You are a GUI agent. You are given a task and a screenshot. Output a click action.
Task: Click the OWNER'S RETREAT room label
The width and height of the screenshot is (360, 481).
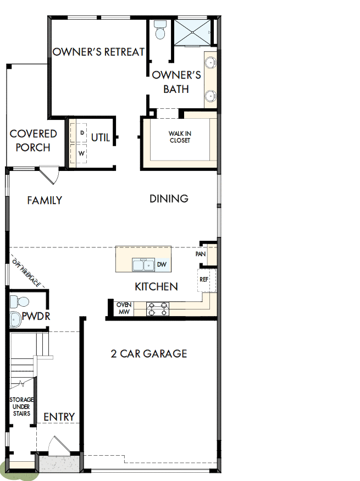pyautogui.click(x=98, y=52)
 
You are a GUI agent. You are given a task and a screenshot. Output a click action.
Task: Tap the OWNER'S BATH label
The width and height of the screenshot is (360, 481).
pyautogui.click(x=176, y=82)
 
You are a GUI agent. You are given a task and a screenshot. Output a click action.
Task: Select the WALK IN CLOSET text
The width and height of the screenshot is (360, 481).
pyautogui.click(x=180, y=137)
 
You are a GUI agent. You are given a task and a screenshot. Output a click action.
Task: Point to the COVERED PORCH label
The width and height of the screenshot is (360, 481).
pyautogui.click(x=33, y=141)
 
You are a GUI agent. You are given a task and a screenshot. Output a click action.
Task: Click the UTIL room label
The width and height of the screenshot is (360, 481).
pyautogui.click(x=101, y=137)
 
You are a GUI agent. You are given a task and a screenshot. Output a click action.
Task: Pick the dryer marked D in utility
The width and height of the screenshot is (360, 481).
pyautogui.click(x=81, y=133)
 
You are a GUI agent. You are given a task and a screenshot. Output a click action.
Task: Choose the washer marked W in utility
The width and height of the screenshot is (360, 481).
pyautogui.click(x=81, y=153)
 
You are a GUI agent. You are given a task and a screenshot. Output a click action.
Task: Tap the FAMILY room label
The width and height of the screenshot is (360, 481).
pyautogui.click(x=45, y=201)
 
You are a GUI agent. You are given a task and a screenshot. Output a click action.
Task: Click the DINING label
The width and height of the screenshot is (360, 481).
pyautogui.click(x=169, y=198)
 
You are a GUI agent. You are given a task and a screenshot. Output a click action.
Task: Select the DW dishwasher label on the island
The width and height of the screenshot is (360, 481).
pyautogui.click(x=162, y=265)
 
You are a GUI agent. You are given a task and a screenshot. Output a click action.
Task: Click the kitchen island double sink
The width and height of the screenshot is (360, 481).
pyautogui.click(x=144, y=266)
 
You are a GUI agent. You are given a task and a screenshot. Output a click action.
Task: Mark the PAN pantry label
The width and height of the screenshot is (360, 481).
pyautogui.click(x=201, y=255)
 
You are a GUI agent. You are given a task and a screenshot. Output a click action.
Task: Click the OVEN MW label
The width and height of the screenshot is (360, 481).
pyautogui.click(x=124, y=308)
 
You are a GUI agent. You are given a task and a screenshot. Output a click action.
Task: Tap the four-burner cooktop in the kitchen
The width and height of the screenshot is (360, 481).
pyautogui.click(x=158, y=308)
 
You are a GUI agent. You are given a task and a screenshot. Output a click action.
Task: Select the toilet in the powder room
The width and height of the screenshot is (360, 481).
pyautogui.click(x=20, y=302)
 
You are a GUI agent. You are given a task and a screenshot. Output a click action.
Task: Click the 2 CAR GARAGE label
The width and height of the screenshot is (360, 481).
pyautogui.click(x=149, y=353)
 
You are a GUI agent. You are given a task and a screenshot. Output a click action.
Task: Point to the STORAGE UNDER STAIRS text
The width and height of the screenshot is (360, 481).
pyautogui.click(x=21, y=406)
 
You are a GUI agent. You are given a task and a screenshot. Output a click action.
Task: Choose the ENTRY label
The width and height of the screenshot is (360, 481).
pyautogui.click(x=59, y=417)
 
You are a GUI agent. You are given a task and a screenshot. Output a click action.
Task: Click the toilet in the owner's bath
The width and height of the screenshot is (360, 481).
pyautogui.click(x=160, y=30)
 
